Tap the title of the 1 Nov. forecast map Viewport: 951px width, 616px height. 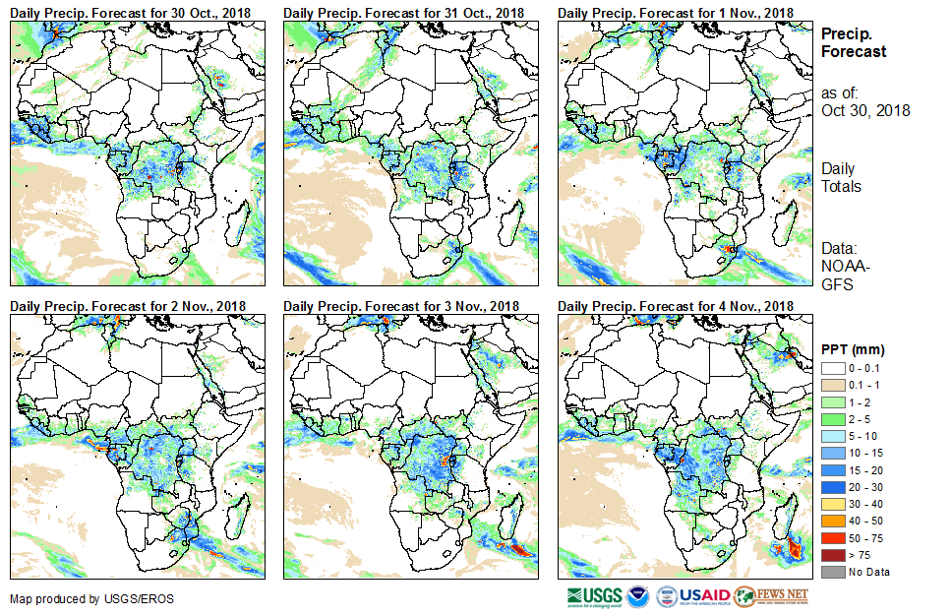coord(676,12)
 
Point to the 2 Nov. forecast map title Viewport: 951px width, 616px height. coord(127,306)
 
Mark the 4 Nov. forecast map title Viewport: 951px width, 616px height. coord(676,306)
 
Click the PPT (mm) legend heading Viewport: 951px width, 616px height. coord(853,349)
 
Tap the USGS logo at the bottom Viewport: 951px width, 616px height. coord(594,595)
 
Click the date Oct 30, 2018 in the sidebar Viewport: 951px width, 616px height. coord(865,110)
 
